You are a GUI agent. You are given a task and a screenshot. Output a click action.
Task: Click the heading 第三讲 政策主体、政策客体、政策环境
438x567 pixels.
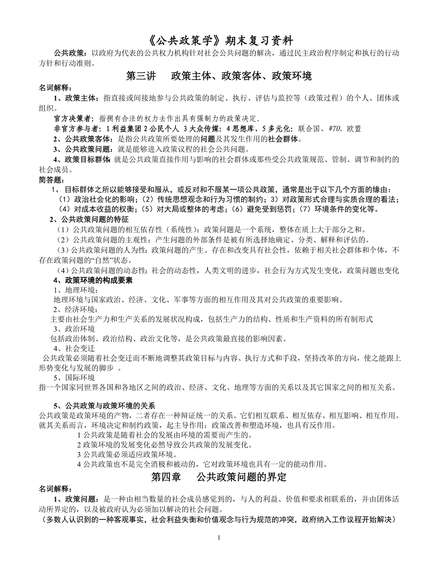pos(219,76)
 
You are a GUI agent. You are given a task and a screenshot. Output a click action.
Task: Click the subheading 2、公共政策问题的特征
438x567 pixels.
pos(90,220)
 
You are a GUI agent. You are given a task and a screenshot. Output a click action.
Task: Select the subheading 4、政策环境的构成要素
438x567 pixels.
pos(93,280)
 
